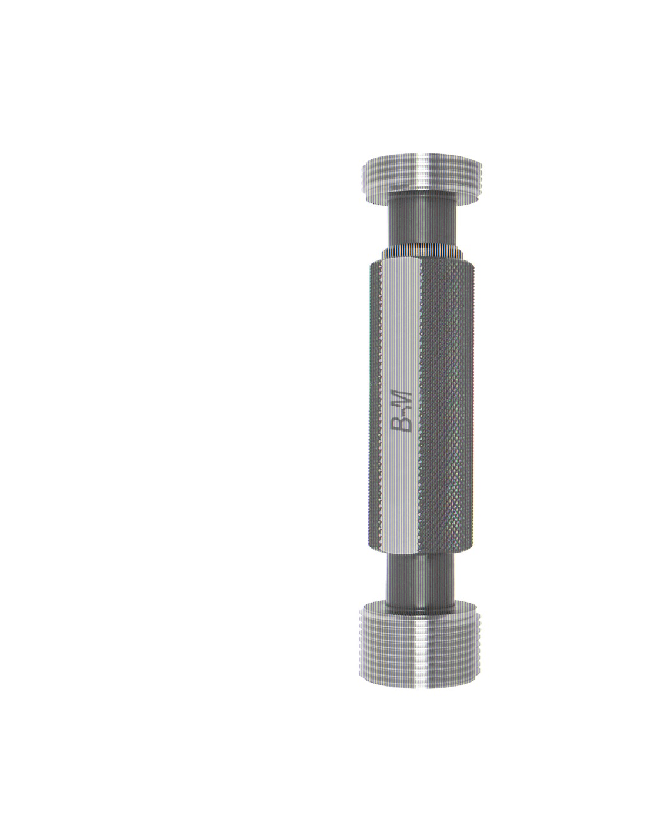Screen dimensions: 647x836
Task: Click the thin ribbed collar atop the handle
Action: pos(423,252)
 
